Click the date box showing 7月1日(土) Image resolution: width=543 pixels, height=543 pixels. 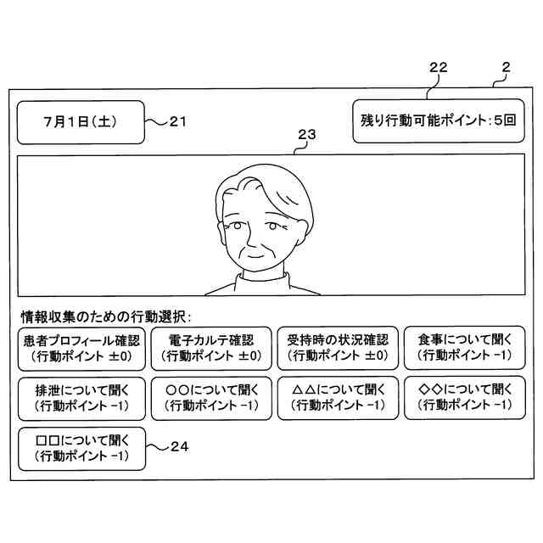click(81, 122)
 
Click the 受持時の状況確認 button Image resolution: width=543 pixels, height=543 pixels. click(337, 348)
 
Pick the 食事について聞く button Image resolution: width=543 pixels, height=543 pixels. click(464, 348)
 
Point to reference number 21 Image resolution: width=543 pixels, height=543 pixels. click(177, 121)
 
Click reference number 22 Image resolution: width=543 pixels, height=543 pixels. click(438, 67)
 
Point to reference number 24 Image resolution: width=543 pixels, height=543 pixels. click(179, 445)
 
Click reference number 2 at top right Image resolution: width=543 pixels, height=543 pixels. click(506, 67)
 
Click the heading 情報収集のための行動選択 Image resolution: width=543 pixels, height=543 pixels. click(107, 316)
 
